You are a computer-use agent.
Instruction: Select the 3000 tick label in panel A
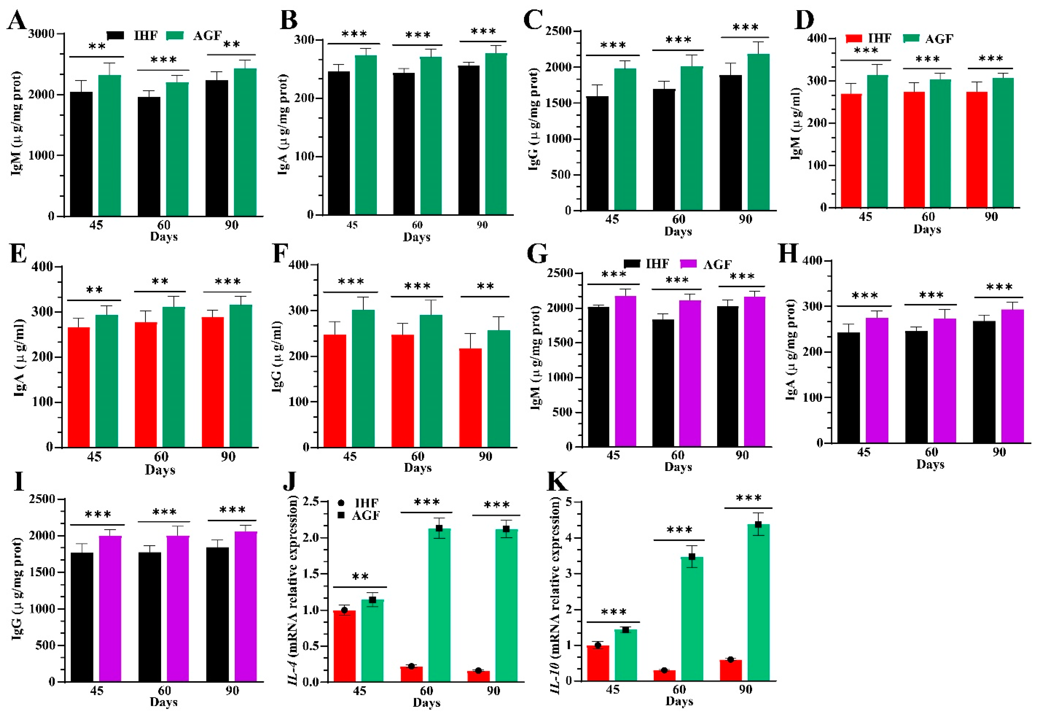[x=41, y=34]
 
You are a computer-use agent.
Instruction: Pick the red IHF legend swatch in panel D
[x=854, y=38]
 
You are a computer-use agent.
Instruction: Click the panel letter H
[x=789, y=254]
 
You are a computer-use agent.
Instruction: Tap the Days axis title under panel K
[x=679, y=701]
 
